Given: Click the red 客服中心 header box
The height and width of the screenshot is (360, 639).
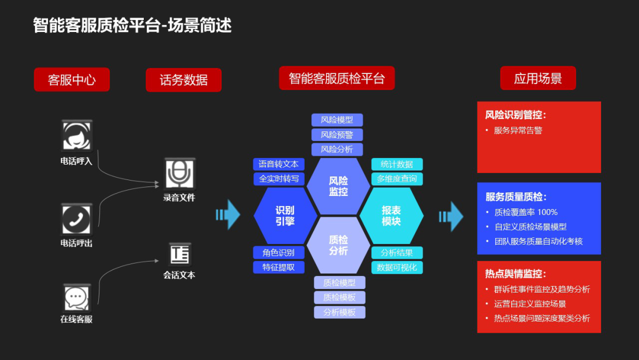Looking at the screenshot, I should pos(72,80).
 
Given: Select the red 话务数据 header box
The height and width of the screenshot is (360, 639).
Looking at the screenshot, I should pos(183,80).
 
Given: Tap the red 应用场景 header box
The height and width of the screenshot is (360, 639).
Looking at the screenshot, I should pos(538,78).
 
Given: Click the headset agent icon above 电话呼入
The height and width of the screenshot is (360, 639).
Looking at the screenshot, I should pos(77,136).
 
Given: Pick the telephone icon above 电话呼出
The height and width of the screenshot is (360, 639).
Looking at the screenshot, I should pos(77,219).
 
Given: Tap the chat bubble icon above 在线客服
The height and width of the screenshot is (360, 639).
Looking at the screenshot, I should pos(77,297).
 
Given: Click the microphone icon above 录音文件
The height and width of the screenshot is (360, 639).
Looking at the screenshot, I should pos(179,173).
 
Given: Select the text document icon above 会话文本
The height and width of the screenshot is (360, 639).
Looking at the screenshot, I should pos(179,254).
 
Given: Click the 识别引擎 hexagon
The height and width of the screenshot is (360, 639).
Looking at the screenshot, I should pos(285,216).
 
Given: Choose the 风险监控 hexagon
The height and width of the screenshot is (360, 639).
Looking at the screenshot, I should pos(338,186).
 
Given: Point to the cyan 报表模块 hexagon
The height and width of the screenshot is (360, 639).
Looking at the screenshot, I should pos(391,216).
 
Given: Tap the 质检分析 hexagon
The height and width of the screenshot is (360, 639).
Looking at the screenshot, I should pos(338,245).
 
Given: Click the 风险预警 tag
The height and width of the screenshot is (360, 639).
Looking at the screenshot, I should pos(337,134).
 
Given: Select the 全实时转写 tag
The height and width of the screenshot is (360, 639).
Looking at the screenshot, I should pos(279,179).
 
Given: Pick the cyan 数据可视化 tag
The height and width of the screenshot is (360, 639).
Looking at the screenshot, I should pos(397,268).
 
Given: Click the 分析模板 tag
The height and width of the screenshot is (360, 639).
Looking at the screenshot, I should pos(340,312).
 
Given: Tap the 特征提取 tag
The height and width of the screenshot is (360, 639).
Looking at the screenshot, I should pos(279,268).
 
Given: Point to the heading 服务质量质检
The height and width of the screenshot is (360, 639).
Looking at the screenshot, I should pos(516,197).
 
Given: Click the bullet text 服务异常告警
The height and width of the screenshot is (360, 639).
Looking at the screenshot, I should pos(518,130).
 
